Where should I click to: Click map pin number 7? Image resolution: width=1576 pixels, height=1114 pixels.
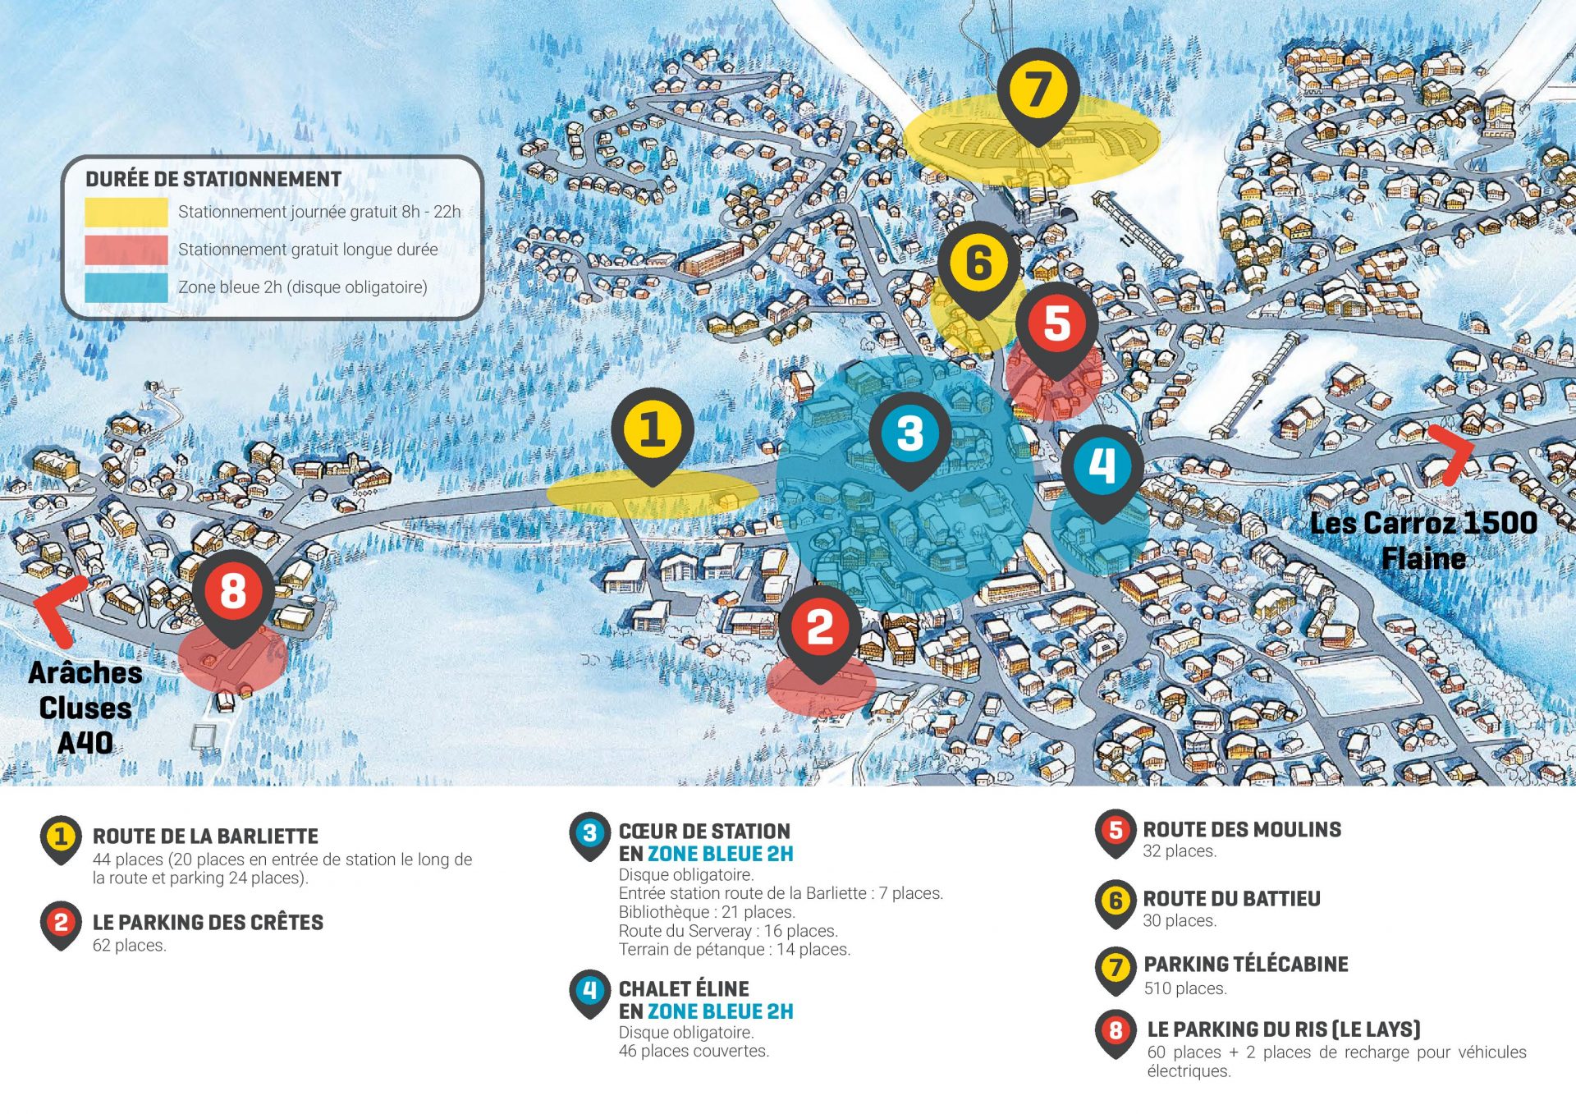tap(1038, 90)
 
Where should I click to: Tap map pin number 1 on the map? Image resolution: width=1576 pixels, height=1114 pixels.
tap(653, 430)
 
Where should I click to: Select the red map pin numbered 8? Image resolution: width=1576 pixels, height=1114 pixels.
tap(233, 591)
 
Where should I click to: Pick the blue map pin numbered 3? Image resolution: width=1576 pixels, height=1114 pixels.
tap(909, 433)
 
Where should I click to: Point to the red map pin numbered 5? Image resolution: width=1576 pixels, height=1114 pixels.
tap(1057, 323)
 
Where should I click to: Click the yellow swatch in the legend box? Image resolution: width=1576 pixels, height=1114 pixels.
tap(126, 212)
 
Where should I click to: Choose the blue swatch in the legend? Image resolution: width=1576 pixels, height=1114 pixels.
tap(126, 287)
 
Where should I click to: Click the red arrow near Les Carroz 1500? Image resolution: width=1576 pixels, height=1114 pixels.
tap(1451, 452)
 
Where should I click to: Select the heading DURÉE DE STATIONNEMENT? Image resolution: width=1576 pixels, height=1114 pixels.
tap(213, 179)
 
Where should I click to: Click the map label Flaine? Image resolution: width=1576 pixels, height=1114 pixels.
tap(1423, 559)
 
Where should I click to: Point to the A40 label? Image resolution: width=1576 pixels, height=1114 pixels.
tap(85, 743)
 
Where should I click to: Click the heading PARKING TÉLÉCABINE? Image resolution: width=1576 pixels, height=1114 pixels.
tap(1245, 964)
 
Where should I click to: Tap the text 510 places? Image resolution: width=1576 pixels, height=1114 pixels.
tap(1185, 988)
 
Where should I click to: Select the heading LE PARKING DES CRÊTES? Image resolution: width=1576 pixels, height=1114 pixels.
tap(208, 922)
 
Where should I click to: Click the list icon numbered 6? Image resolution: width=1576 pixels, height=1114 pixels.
tap(1116, 901)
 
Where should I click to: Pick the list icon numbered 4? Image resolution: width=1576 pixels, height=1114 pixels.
tap(589, 991)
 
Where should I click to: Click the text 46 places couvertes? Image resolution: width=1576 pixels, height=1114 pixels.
tap(694, 1051)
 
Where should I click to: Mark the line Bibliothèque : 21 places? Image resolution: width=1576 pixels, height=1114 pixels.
tap(707, 912)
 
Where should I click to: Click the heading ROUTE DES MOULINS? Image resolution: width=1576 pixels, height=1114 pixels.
tap(1242, 829)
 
